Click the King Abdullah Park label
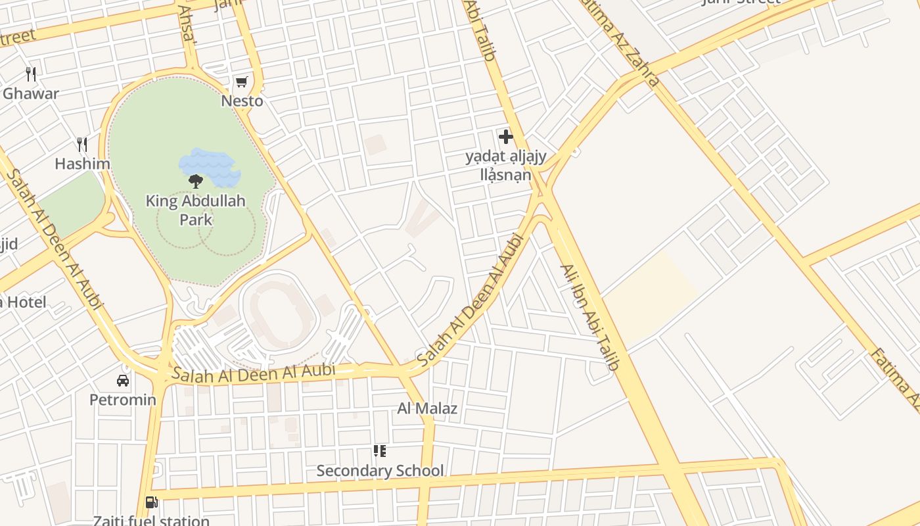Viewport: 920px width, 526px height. [195, 210]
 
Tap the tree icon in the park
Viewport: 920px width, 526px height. [195, 181]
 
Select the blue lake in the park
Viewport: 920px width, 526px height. [210, 164]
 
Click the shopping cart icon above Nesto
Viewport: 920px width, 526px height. [241, 82]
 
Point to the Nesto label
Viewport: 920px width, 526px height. [242, 101]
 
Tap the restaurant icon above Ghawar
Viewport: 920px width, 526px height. [31, 74]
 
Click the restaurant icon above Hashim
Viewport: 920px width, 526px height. [82, 144]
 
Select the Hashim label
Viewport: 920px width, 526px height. [82, 164]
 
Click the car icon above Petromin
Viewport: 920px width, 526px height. [123, 380]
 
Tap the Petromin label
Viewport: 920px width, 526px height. [123, 400]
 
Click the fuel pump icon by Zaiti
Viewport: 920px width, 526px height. [151, 502]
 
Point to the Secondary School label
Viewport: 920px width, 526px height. [380, 471]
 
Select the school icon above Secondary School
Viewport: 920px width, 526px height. [379, 451]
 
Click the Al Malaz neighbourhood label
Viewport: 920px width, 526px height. [427, 408]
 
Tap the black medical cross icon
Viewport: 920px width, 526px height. [505, 137]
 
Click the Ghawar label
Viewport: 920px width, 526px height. [31, 93]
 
